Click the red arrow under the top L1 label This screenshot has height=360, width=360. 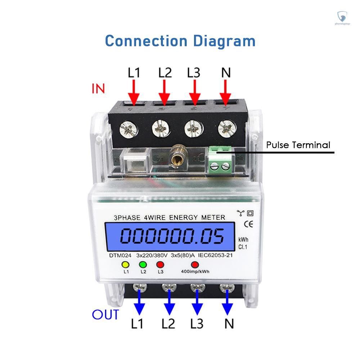(x=134, y=92)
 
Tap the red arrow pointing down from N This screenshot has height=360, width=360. (x=226, y=92)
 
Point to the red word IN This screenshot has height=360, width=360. (x=98, y=89)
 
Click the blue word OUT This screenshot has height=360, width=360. (x=105, y=314)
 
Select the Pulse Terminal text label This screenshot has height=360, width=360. (x=298, y=145)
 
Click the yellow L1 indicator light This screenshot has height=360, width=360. (x=126, y=265)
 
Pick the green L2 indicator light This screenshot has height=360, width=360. (x=143, y=265)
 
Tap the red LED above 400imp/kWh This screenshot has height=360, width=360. (x=195, y=265)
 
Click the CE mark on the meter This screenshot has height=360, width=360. (x=248, y=224)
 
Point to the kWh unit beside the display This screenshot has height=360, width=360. (x=243, y=240)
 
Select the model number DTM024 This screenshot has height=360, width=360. (x=120, y=255)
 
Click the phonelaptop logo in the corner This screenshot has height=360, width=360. (x=344, y=18)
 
